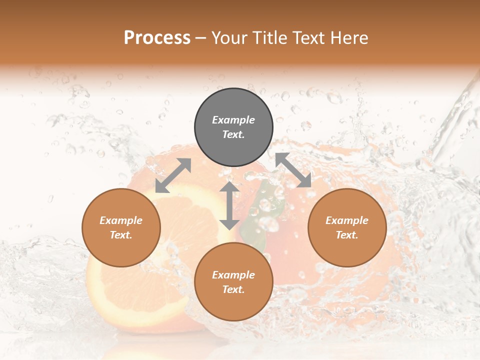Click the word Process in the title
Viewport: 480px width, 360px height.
[x=157, y=38]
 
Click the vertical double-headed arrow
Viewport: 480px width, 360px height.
[x=229, y=205]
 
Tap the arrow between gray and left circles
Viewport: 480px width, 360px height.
[x=173, y=175]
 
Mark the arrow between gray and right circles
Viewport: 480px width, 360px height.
[x=293, y=170]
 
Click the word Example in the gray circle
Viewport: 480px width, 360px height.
[x=233, y=120]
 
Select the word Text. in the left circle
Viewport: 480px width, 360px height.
[x=121, y=235]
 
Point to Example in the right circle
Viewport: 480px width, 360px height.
[x=347, y=220]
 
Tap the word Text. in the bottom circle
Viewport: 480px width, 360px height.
[x=233, y=289]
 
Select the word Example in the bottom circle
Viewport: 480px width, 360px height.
[x=233, y=275]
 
